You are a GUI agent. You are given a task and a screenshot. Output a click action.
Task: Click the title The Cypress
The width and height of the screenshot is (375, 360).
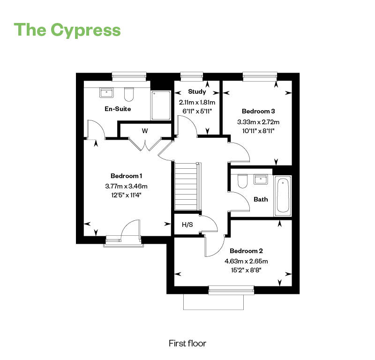pyautogui.click(x=68, y=30)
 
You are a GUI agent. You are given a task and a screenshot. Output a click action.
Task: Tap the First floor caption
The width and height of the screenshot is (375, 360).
pyautogui.click(x=187, y=344)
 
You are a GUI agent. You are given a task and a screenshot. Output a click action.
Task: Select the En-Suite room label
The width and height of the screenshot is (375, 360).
pyautogui.click(x=118, y=109)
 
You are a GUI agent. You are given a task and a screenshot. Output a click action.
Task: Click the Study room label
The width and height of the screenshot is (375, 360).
pyautogui.click(x=197, y=92)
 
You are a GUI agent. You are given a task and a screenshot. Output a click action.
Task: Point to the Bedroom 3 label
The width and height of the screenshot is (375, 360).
pyautogui.click(x=258, y=111)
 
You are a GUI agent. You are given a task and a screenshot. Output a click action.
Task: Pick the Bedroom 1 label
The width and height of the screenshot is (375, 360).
pyautogui.click(x=127, y=176)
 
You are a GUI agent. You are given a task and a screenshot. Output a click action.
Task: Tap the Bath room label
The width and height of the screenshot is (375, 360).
pyautogui.click(x=261, y=199)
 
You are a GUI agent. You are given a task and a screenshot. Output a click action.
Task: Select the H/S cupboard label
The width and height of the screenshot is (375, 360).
pyautogui.click(x=187, y=225)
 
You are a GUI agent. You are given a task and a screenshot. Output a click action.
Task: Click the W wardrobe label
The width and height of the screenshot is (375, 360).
pyautogui.click(x=145, y=131)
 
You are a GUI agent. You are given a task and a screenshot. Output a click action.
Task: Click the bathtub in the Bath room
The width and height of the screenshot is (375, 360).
pyautogui.click(x=283, y=196)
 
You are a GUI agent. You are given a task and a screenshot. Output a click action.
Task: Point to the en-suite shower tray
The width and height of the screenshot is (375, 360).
pyautogui.click(x=161, y=105)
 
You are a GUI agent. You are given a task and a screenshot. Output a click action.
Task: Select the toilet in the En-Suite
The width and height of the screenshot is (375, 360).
pyautogui.click(x=129, y=95)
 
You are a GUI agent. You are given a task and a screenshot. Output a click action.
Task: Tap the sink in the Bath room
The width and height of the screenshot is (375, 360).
pyautogui.click(x=260, y=179)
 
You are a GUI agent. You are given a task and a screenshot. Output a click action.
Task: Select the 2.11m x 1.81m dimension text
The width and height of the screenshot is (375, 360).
pyautogui.click(x=197, y=102)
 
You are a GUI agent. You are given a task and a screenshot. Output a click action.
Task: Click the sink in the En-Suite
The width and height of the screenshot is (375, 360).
pyautogui.click(x=106, y=92)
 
